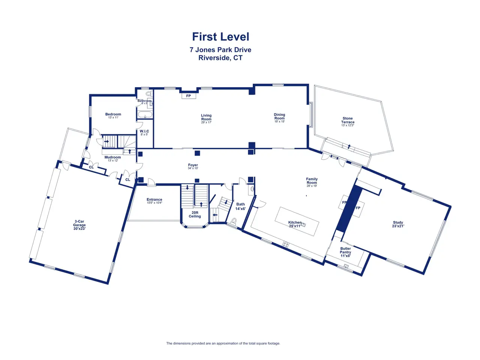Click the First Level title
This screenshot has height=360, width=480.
(220, 37)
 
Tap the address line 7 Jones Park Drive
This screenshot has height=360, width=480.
(220, 50)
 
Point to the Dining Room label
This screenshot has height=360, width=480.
(279, 117)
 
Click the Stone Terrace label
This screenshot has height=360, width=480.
(348, 120)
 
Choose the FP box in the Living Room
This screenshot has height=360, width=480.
(189, 96)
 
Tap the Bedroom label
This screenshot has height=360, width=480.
(113, 114)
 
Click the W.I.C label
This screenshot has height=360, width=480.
(144, 131)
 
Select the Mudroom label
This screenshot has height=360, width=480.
(112, 157)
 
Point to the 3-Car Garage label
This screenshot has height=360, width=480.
(79, 223)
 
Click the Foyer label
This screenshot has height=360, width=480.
(193, 165)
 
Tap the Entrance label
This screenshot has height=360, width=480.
(154, 200)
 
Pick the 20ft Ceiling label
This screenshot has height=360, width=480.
(195, 214)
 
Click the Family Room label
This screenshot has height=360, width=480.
(312, 181)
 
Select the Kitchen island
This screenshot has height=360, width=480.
(297, 221)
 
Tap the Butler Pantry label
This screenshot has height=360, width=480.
(345, 250)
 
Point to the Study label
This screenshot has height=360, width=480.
(398, 222)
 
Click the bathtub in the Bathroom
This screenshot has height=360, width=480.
(145, 115)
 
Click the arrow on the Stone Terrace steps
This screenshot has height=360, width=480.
(349, 147)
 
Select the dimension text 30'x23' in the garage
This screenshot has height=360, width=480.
(79, 228)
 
